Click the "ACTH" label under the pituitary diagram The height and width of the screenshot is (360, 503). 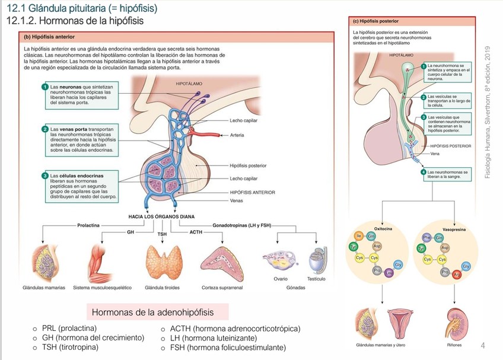coord(196,231)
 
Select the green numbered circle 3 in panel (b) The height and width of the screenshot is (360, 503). coord(44,176)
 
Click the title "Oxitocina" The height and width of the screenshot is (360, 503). coord(383,228)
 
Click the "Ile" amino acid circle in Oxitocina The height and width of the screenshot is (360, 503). coord(359,236)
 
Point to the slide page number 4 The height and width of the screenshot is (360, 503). coord(482,345)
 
